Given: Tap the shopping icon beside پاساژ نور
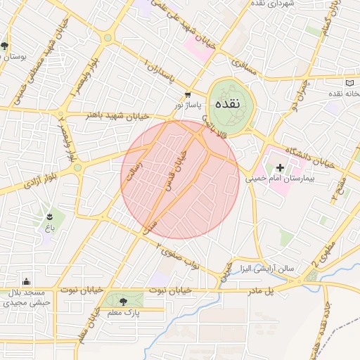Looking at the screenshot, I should [187, 94].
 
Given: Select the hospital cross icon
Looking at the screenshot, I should [280, 167].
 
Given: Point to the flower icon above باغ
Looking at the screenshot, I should [50, 215].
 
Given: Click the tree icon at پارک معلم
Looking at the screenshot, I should [123, 302].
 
